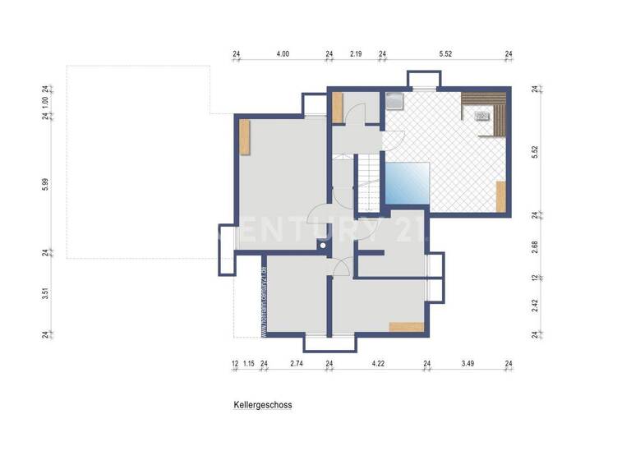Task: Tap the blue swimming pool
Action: pos(408,184)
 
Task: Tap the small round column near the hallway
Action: pos(324,244)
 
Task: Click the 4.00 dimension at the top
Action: pos(282,54)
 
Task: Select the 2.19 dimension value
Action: pos(356,54)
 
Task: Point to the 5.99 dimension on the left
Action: pos(48,184)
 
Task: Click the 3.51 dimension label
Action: pos(48,293)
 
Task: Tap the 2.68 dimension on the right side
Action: pos(535,246)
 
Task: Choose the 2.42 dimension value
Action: pos(535,305)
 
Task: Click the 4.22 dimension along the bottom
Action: pos(377,363)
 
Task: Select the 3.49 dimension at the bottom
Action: pos(467,363)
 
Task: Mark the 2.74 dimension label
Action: pos(297,363)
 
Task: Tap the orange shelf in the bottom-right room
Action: pos(408,327)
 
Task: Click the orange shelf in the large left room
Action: pos(245,137)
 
